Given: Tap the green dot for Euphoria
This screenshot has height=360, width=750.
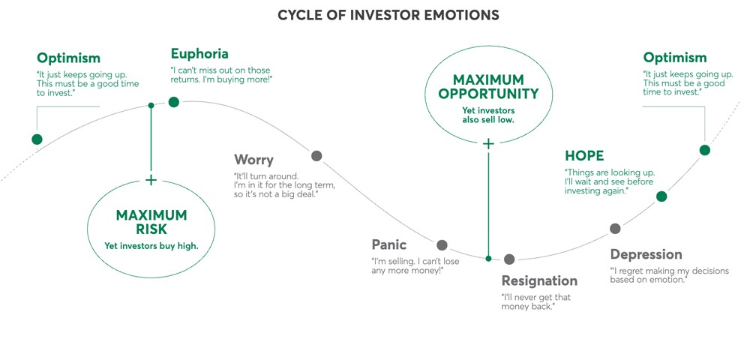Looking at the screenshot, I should click(174, 102).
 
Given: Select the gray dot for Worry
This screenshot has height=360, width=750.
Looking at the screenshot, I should click(316, 156).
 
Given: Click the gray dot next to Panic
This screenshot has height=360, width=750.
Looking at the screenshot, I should click(442, 244).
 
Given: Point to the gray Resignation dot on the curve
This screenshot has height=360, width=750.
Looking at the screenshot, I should click(509, 259).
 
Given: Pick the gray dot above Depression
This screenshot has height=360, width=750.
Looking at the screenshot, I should click(615, 228).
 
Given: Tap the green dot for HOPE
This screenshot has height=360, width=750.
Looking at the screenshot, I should click(661, 196).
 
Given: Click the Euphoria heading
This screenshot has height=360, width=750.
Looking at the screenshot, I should click(199, 54).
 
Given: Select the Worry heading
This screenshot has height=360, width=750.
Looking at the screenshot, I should click(253, 160).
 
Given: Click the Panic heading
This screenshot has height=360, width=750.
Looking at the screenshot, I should click(389, 244).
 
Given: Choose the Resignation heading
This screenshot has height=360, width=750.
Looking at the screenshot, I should click(539, 281).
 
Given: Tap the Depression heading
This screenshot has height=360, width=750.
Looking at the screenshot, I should click(646, 254).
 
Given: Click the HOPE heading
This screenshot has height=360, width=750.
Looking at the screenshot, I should click(584, 156).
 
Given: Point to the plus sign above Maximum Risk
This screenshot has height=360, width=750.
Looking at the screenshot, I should click(151, 180).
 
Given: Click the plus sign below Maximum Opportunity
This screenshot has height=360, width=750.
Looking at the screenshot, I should click(488, 143).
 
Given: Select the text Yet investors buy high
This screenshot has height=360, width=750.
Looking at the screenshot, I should click(151, 245).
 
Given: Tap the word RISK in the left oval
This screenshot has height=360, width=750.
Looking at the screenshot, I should click(151, 229).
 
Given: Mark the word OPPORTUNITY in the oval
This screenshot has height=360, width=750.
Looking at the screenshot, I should click(488, 94).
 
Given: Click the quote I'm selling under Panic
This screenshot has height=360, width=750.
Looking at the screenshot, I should click(415, 265).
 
